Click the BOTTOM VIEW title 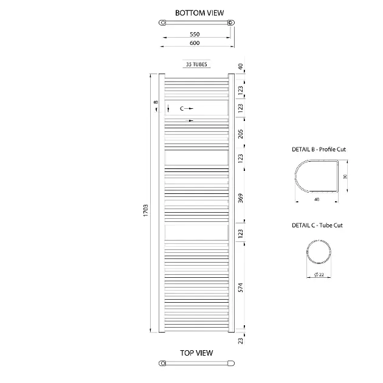(199, 13)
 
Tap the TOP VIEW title (196, 353)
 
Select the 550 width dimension (195, 34)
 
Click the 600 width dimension (195, 43)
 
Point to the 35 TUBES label (196, 64)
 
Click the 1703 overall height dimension (145, 210)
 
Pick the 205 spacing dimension (241, 134)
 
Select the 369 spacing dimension (241, 198)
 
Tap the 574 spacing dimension (241, 288)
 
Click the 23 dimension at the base (241, 340)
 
